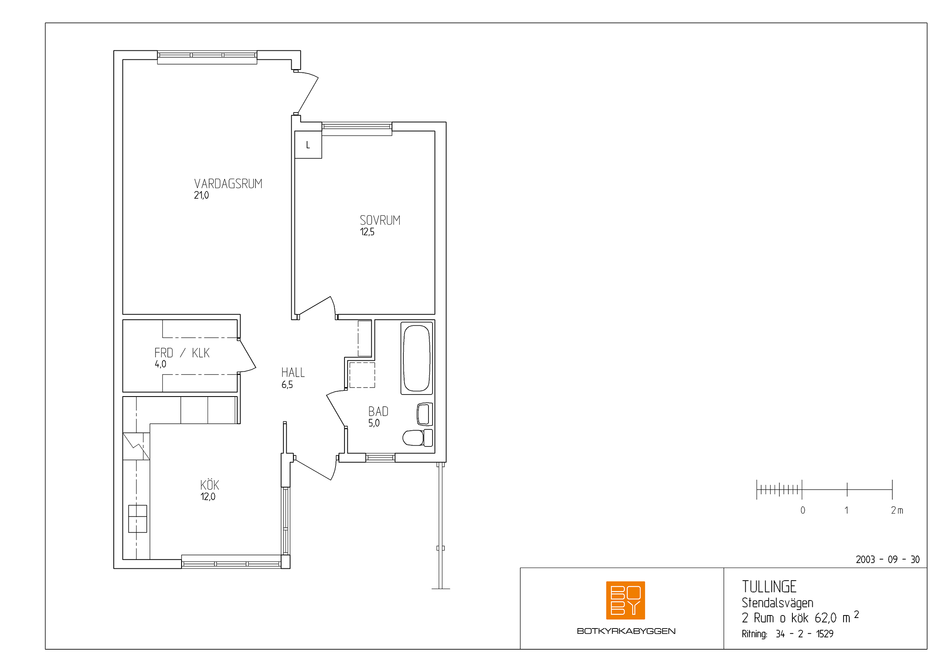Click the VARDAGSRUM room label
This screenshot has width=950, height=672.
[x=228, y=184]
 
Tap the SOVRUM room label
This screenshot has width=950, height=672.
[x=380, y=221]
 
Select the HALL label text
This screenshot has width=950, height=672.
[x=293, y=373]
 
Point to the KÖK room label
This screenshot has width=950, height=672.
[x=209, y=485]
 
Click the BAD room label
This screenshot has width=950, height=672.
[x=378, y=412]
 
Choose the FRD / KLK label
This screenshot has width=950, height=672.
[x=182, y=353]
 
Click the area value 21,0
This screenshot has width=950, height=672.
[x=201, y=195]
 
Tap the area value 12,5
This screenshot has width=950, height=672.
[x=367, y=232]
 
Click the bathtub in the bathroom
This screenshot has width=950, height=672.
[x=417, y=358]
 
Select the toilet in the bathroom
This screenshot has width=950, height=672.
[x=418, y=438]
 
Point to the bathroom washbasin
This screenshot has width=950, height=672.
[x=424, y=414]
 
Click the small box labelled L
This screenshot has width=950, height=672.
[x=308, y=145]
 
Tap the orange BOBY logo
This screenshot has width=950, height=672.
[x=625, y=600]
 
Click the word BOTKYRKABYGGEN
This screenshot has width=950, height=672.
[x=626, y=631]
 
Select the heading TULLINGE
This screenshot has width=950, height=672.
[x=769, y=587]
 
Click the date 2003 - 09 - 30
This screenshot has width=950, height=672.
[x=887, y=560]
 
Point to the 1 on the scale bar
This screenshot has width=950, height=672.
[x=846, y=510]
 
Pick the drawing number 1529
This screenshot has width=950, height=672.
[x=824, y=634]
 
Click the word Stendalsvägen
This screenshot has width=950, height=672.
[x=777, y=603]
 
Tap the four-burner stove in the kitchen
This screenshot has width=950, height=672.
[x=137, y=518]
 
